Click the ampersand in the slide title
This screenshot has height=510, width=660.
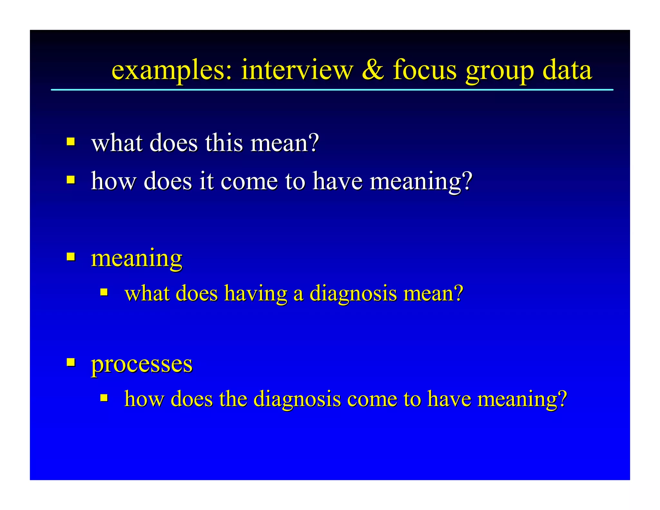coord(373,70)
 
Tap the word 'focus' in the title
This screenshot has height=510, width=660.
coord(425,70)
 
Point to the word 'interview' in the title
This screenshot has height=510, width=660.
coord(297,70)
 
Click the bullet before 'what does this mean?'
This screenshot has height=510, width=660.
coord(71,142)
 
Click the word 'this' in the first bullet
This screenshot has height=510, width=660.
coord(224,143)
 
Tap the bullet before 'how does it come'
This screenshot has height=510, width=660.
coord(71,179)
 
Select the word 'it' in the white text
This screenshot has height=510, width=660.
coord(207,181)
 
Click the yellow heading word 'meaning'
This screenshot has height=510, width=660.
coord(137,259)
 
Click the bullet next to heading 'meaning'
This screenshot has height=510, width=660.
coord(71,257)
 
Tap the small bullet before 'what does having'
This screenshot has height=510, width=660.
coord(104,292)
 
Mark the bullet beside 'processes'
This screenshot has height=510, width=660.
coord(71,362)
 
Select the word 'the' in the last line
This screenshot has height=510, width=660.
coord(233,399)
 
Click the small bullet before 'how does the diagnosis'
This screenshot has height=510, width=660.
coord(104,397)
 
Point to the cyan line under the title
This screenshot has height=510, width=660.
coord(332,90)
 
